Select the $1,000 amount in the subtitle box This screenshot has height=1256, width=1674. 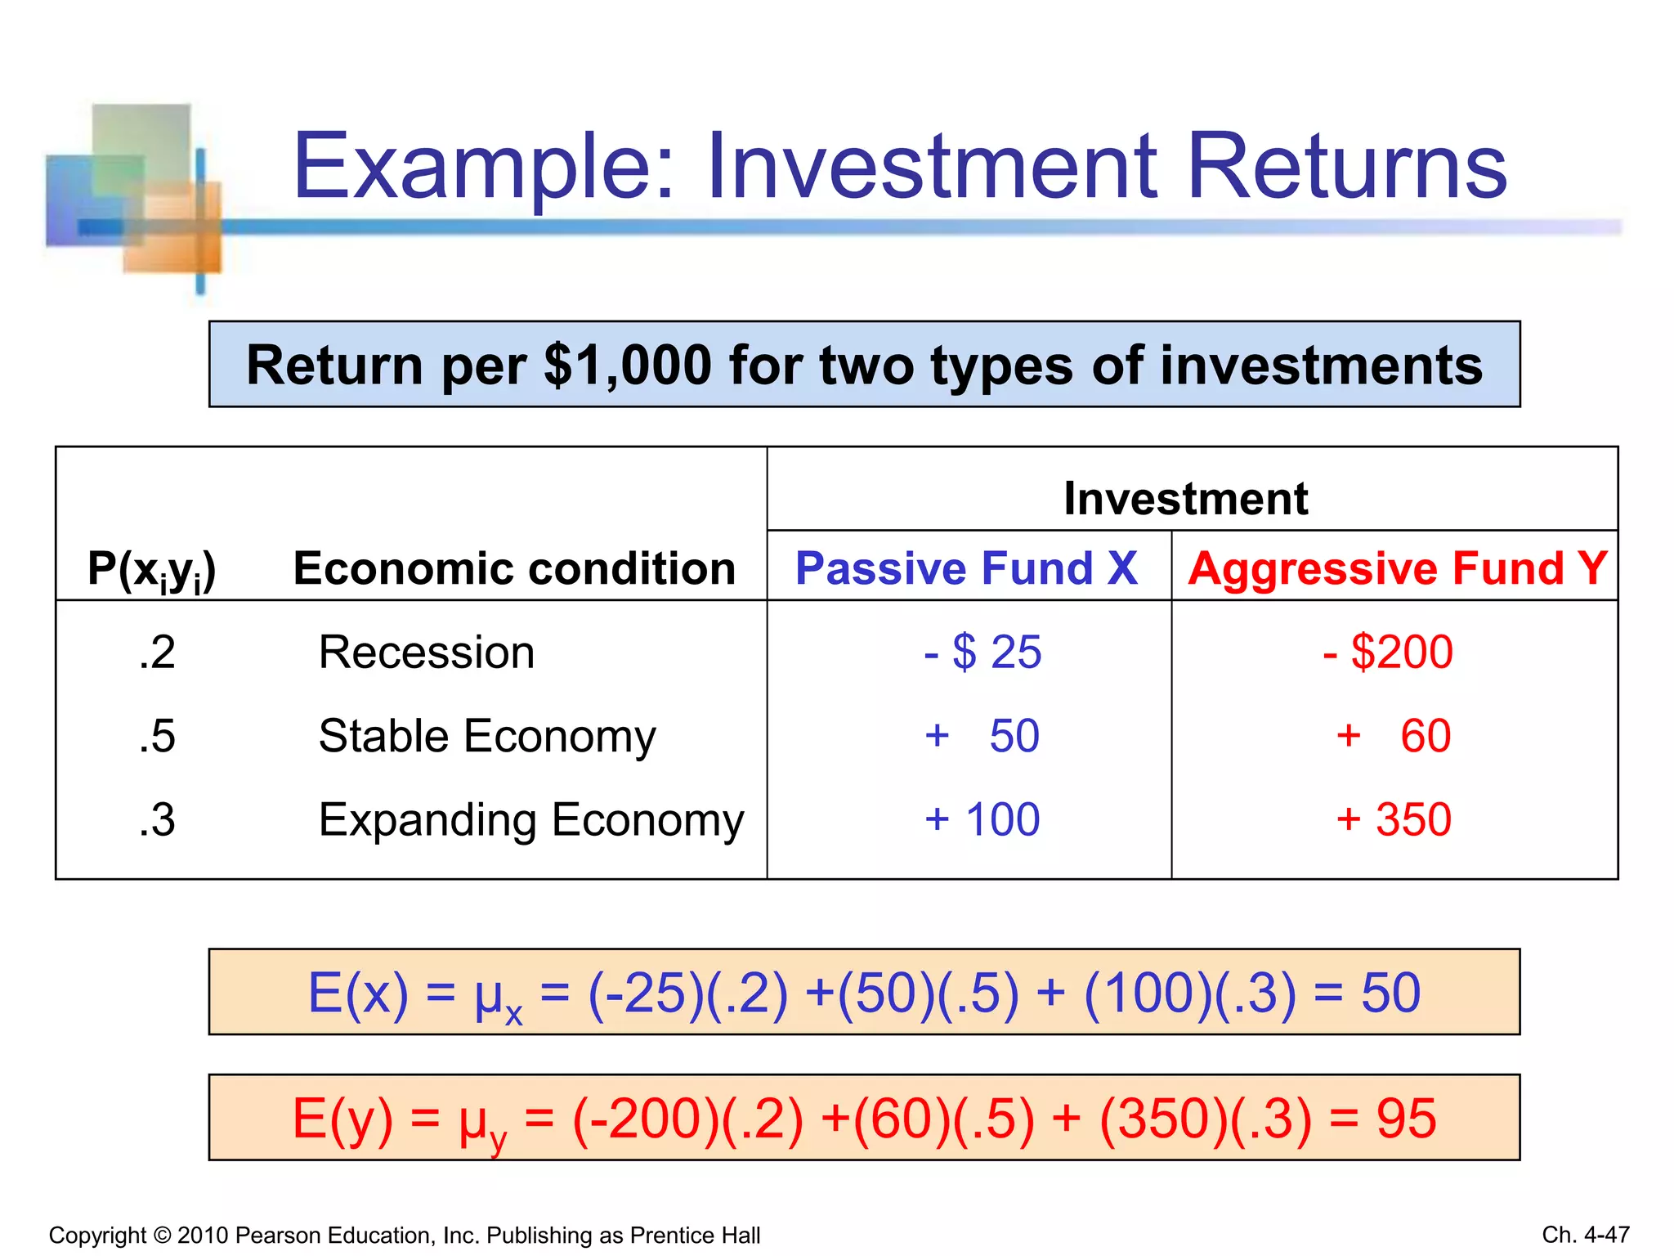[627, 366]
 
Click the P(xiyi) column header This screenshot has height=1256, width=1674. [152, 569]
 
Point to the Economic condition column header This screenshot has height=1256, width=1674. [514, 568]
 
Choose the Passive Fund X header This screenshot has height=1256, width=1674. [966, 568]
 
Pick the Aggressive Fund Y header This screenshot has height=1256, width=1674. [1397, 568]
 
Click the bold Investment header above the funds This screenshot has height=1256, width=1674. [1185, 498]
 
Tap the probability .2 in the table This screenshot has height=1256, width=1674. [157, 653]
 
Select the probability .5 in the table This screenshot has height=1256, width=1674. [157, 736]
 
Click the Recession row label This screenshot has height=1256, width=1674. [427, 653]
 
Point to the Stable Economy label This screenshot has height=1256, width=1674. [487, 736]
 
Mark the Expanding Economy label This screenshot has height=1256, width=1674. [531, 820]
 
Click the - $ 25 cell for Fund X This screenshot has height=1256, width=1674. [982, 653]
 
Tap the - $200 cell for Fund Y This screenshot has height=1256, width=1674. [1388, 653]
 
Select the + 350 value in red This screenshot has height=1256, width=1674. [1394, 819]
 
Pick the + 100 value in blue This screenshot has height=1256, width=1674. [982, 819]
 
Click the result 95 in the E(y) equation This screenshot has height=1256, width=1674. [1406, 1119]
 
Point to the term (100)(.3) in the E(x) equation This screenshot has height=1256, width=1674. [1190, 994]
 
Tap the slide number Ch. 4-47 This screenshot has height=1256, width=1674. [1585, 1234]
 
